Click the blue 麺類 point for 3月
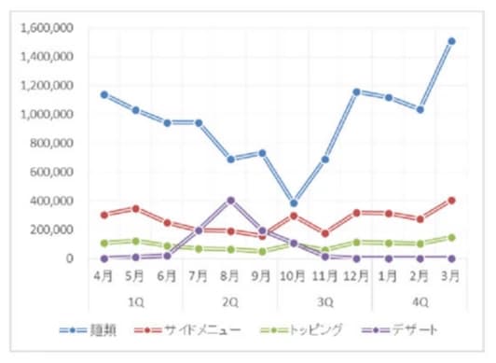point(451,41)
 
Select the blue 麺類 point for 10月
point(294,202)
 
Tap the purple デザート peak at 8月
point(230,200)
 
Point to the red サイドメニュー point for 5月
point(135,208)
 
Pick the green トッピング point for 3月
point(451,237)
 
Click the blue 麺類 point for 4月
point(103,94)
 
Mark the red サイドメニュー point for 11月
point(325,233)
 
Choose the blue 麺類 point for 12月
point(357,91)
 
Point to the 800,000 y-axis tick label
point(53,144)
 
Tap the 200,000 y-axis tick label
point(53,230)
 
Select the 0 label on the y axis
point(71,258)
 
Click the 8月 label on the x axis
point(230,277)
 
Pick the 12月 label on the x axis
point(357,277)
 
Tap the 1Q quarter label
point(135,301)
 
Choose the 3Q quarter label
point(325,301)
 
